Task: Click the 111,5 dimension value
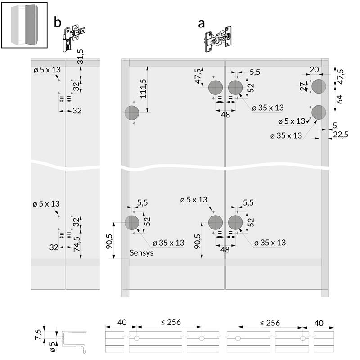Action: coord(143,88)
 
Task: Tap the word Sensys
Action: coord(141,253)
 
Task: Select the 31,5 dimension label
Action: coord(80,57)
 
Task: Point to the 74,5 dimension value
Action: coord(77,244)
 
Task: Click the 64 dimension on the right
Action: coord(339,99)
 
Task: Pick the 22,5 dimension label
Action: coord(341,135)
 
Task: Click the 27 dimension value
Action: coord(303,86)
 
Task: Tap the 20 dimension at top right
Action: coord(314,70)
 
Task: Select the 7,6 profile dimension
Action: coord(38,334)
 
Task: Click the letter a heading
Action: coord(201,23)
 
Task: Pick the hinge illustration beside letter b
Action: coord(74,38)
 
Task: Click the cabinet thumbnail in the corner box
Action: coord(24,25)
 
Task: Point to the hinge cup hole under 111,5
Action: coord(132,113)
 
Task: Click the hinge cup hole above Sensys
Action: coord(132,222)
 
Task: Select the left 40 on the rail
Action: coord(122,322)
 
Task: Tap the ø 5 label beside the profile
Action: coord(53,347)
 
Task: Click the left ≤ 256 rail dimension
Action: coord(171,322)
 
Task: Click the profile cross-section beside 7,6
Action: coord(73,342)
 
